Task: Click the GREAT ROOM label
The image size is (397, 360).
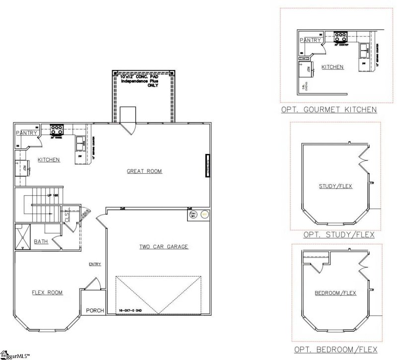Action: pyautogui.click(x=144, y=171)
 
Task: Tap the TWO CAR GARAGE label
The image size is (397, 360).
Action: pyautogui.click(x=163, y=247)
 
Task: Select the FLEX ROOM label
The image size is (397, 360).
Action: pyautogui.click(x=47, y=292)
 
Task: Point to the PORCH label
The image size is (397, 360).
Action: pyautogui.click(x=95, y=311)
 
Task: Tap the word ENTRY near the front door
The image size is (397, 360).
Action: pyautogui.click(x=95, y=264)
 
